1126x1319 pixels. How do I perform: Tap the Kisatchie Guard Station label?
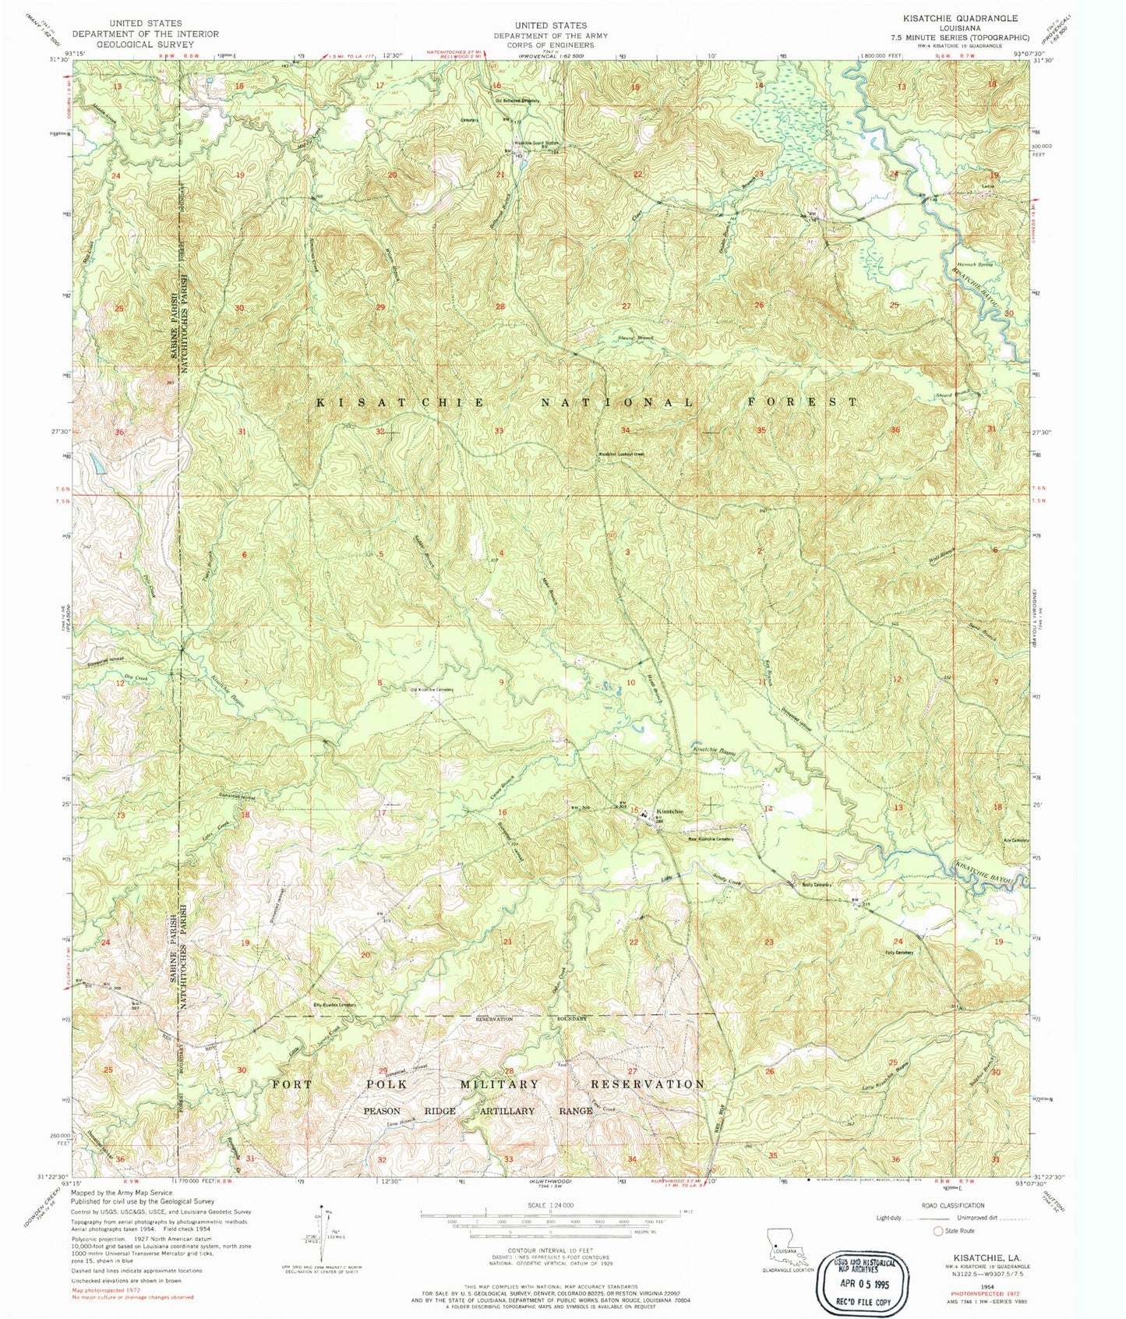click(536, 143)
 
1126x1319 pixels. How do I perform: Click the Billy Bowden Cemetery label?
click(334, 1005)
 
